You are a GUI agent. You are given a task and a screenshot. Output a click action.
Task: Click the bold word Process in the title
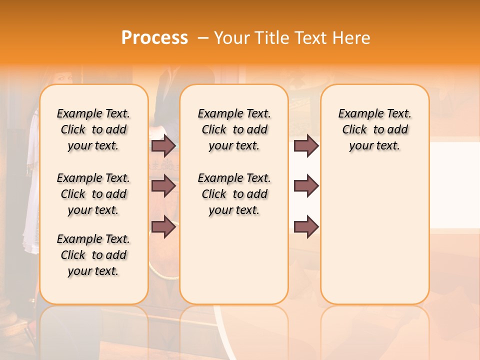154,37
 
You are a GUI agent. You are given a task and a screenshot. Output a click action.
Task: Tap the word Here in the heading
351,37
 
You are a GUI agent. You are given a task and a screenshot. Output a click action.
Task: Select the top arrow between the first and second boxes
163,145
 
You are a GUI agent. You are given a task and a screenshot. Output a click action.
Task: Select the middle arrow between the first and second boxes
163,186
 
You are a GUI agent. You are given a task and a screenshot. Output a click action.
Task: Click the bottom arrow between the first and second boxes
163,226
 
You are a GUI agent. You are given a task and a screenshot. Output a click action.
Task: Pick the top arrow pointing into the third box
306,145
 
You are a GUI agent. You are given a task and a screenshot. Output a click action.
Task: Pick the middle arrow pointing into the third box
306,186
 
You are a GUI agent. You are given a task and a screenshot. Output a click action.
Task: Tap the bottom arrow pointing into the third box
306,226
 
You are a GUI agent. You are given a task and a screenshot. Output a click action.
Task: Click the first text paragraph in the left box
93,129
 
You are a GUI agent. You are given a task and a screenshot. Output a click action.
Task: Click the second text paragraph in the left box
93,194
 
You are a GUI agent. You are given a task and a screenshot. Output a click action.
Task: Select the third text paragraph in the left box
93,255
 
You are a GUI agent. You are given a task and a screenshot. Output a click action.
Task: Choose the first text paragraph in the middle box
234,129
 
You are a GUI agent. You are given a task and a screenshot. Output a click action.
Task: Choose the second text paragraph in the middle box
234,194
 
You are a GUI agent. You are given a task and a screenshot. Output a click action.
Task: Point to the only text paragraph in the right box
375,129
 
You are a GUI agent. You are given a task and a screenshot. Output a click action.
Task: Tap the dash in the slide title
203,37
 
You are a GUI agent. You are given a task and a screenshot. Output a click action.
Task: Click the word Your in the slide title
230,37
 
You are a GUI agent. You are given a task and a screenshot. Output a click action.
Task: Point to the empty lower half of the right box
375,240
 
